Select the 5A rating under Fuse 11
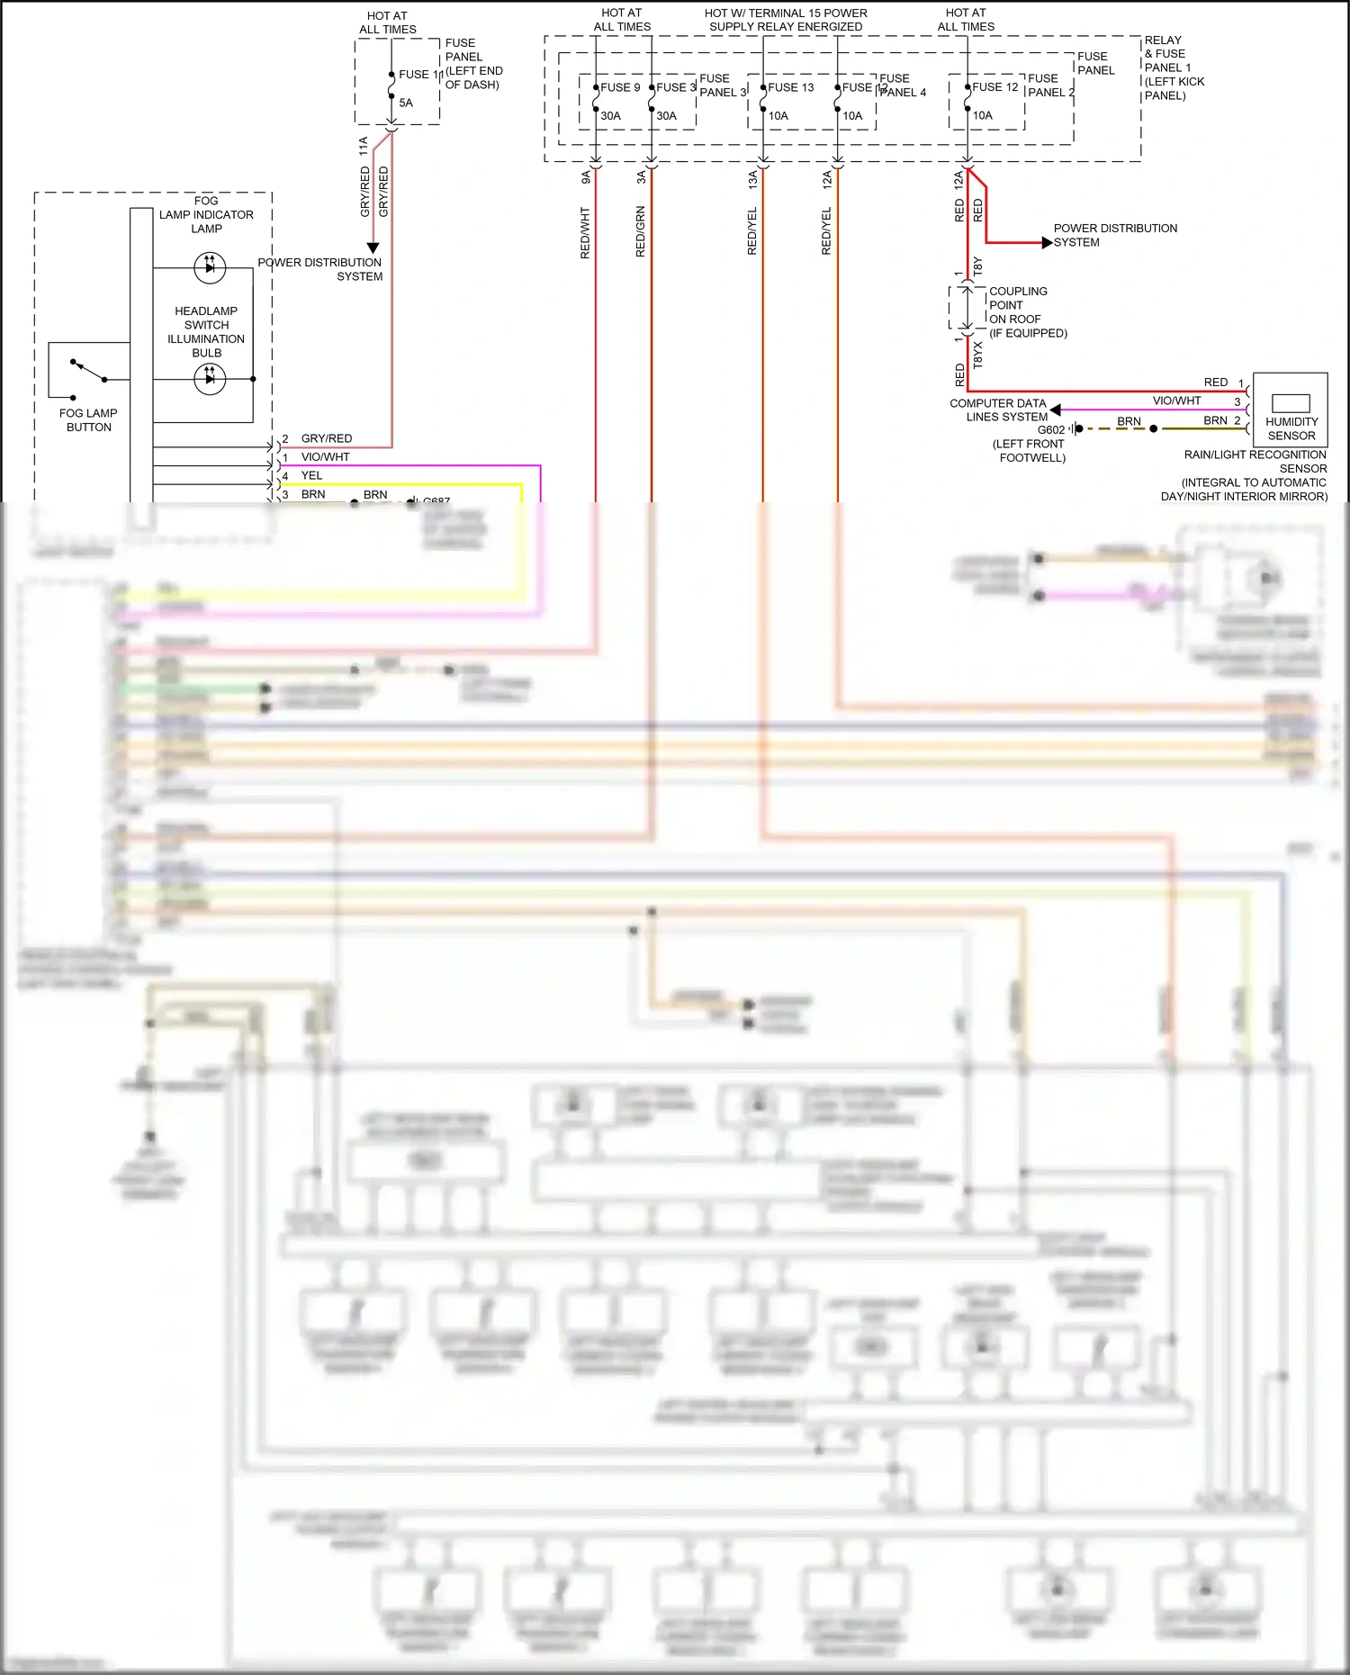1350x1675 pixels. coord(406,103)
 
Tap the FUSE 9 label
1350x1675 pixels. coord(620,87)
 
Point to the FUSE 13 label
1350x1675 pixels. coord(790,87)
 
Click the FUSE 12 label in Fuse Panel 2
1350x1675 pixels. coord(994,87)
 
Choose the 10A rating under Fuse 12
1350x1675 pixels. coord(982,115)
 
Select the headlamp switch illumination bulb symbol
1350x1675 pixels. coord(210,379)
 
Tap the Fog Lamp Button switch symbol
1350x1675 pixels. coord(88,370)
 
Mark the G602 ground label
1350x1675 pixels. coord(1050,430)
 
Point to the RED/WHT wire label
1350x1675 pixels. coord(585,233)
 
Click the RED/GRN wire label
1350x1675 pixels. coord(641,231)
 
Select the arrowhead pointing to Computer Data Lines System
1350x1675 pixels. coord(1055,410)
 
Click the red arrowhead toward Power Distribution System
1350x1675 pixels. coord(1047,243)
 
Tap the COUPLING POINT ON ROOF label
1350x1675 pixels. coord(1017,305)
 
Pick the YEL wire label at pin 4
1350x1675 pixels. coord(311,475)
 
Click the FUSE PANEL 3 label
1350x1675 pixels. coord(723,86)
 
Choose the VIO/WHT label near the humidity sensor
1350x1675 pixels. coord(1176,401)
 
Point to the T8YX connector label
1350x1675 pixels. coord(978,355)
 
